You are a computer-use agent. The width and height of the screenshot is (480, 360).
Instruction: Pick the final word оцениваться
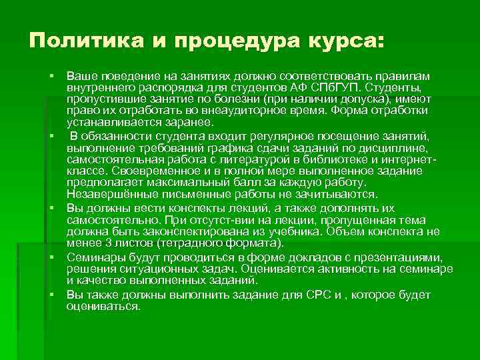103,307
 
